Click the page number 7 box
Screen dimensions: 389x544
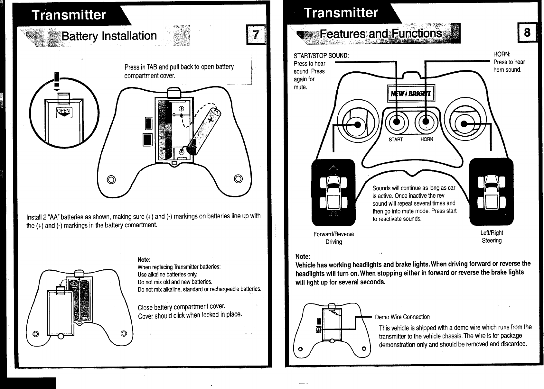click(256, 34)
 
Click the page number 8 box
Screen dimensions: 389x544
click(527, 33)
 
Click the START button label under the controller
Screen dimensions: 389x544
click(396, 139)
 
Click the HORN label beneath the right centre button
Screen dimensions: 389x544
click(427, 139)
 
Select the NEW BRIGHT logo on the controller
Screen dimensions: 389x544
click(411, 94)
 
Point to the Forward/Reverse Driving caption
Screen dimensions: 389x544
click(334, 238)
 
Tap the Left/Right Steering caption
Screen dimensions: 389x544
click(492, 237)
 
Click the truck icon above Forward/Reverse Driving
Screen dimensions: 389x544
click(333, 192)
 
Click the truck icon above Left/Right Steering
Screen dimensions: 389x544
click(492, 192)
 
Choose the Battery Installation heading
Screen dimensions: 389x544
click(109, 36)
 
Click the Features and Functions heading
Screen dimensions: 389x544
click(380, 33)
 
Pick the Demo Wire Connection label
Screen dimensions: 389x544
click(402, 317)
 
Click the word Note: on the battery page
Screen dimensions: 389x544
click(144, 259)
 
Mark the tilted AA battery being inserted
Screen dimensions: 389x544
click(203, 132)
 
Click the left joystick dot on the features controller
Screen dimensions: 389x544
click(357, 125)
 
